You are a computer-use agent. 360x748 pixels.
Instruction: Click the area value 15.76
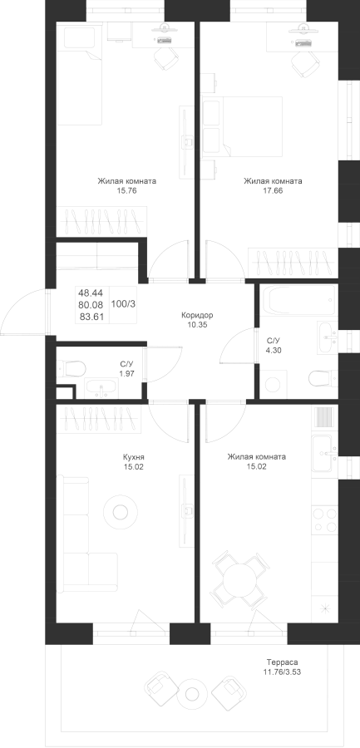[x=126, y=190]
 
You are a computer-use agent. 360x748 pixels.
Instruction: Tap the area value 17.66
[x=273, y=190]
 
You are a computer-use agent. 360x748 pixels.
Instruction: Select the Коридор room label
[x=197, y=315]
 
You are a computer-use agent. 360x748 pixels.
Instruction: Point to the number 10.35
[x=197, y=324]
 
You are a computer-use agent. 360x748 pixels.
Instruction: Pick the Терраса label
[x=282, y=662]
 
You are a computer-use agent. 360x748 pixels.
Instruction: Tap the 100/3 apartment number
[x=123, y=303]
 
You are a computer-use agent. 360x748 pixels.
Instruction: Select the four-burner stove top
[x=324, y=519]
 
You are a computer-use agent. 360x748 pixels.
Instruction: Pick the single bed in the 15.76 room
[x=79, y=74]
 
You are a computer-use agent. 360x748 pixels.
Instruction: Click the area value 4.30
[x=273, y=350]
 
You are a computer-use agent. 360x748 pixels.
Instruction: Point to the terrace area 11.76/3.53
[x=282, y=672]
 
